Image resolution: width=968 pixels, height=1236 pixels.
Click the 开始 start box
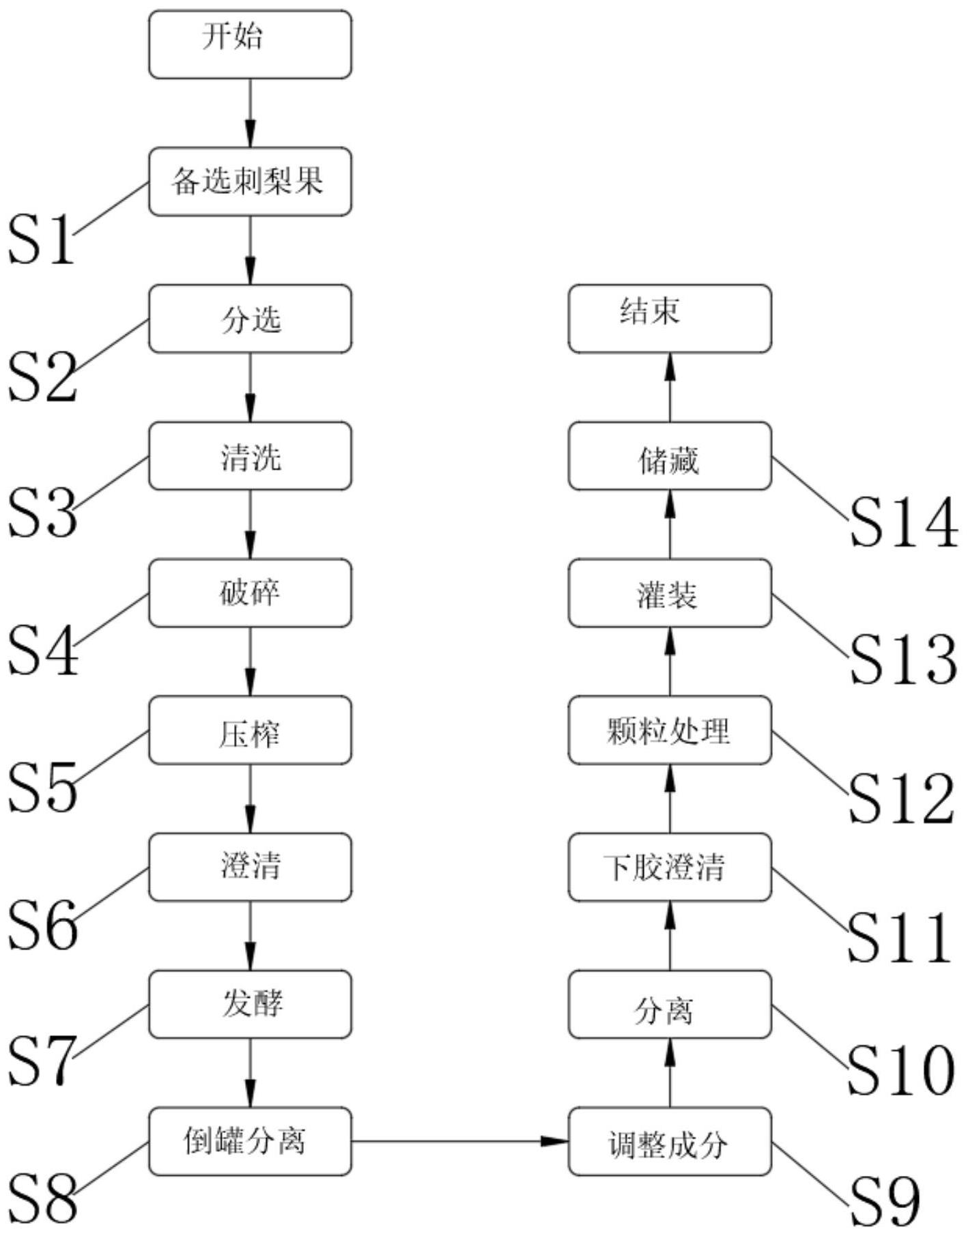coord(250,44)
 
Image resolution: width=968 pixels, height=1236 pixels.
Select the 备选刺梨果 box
coord(250,182)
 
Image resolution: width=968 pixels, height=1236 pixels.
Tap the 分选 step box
coord(250,319)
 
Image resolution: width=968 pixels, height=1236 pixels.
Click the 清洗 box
coord(250,456)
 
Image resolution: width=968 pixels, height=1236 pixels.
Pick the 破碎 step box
coord(250,593)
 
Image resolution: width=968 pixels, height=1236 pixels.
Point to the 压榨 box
coord(250,730)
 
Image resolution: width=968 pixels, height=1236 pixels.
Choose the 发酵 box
coord(250,1005)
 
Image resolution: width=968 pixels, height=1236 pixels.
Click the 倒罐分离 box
coord(250,1142)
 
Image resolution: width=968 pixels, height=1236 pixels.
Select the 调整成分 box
coord(670,1142)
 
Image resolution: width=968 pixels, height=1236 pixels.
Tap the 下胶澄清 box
coord(670,867)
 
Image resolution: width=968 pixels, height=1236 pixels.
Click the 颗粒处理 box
coord(670,730)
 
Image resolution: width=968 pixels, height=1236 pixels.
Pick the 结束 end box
coord(670,319)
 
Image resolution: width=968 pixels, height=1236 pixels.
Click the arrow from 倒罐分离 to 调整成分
coord(460,1140)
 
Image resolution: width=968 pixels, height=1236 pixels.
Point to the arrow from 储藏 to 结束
coord(670,388)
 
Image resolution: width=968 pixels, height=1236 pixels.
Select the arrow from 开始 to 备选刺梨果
coord(250,113)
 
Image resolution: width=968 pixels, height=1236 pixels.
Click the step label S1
coord(41,238)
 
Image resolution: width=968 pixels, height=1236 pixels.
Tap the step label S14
coord(904,522)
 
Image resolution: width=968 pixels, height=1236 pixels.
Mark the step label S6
coord(42,924)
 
